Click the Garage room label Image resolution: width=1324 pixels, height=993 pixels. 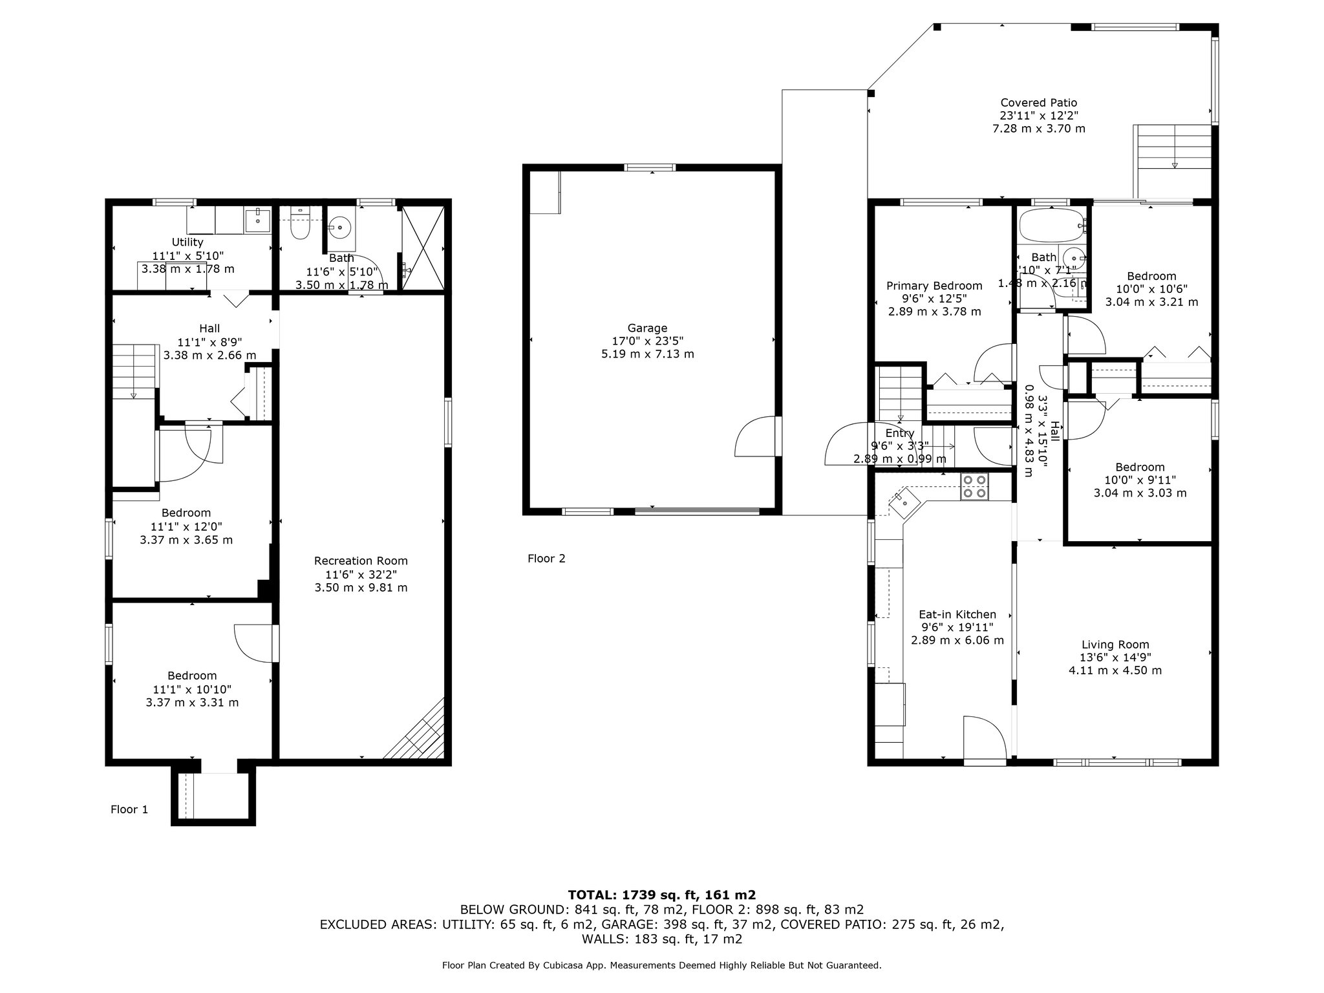click(x=647, y=328)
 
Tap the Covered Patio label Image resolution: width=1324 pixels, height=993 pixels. click(x=1039, y=103)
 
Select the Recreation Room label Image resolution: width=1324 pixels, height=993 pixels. click(x=361, y=561)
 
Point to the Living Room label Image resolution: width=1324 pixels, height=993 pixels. click(x=1115, y=645)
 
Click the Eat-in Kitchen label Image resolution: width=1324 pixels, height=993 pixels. click(x=957, y=615)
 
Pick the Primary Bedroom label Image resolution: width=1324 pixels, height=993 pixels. click(x=934, y=286)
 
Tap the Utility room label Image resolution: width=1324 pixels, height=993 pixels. click(x=187, y=242)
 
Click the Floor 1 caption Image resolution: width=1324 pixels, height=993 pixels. click(x=129, y=809)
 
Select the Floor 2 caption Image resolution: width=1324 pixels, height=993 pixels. click(x=546, y=559)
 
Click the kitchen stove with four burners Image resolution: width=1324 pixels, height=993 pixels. click(x=974, y=487)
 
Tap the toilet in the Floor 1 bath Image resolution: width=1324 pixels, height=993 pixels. click(x=301, y=222)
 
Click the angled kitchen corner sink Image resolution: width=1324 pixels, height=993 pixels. click(x=904, y=499)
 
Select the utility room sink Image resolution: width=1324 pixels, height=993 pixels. click(x=258, y=220)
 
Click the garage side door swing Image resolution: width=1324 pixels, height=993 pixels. click(x=755, y=437)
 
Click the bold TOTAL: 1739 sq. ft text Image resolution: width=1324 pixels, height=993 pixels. click(x=662, y=895)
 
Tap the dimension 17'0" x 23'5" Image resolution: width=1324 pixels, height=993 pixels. click(x=647, y=341)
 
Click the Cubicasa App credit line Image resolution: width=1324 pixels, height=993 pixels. click(x=662, y=965)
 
